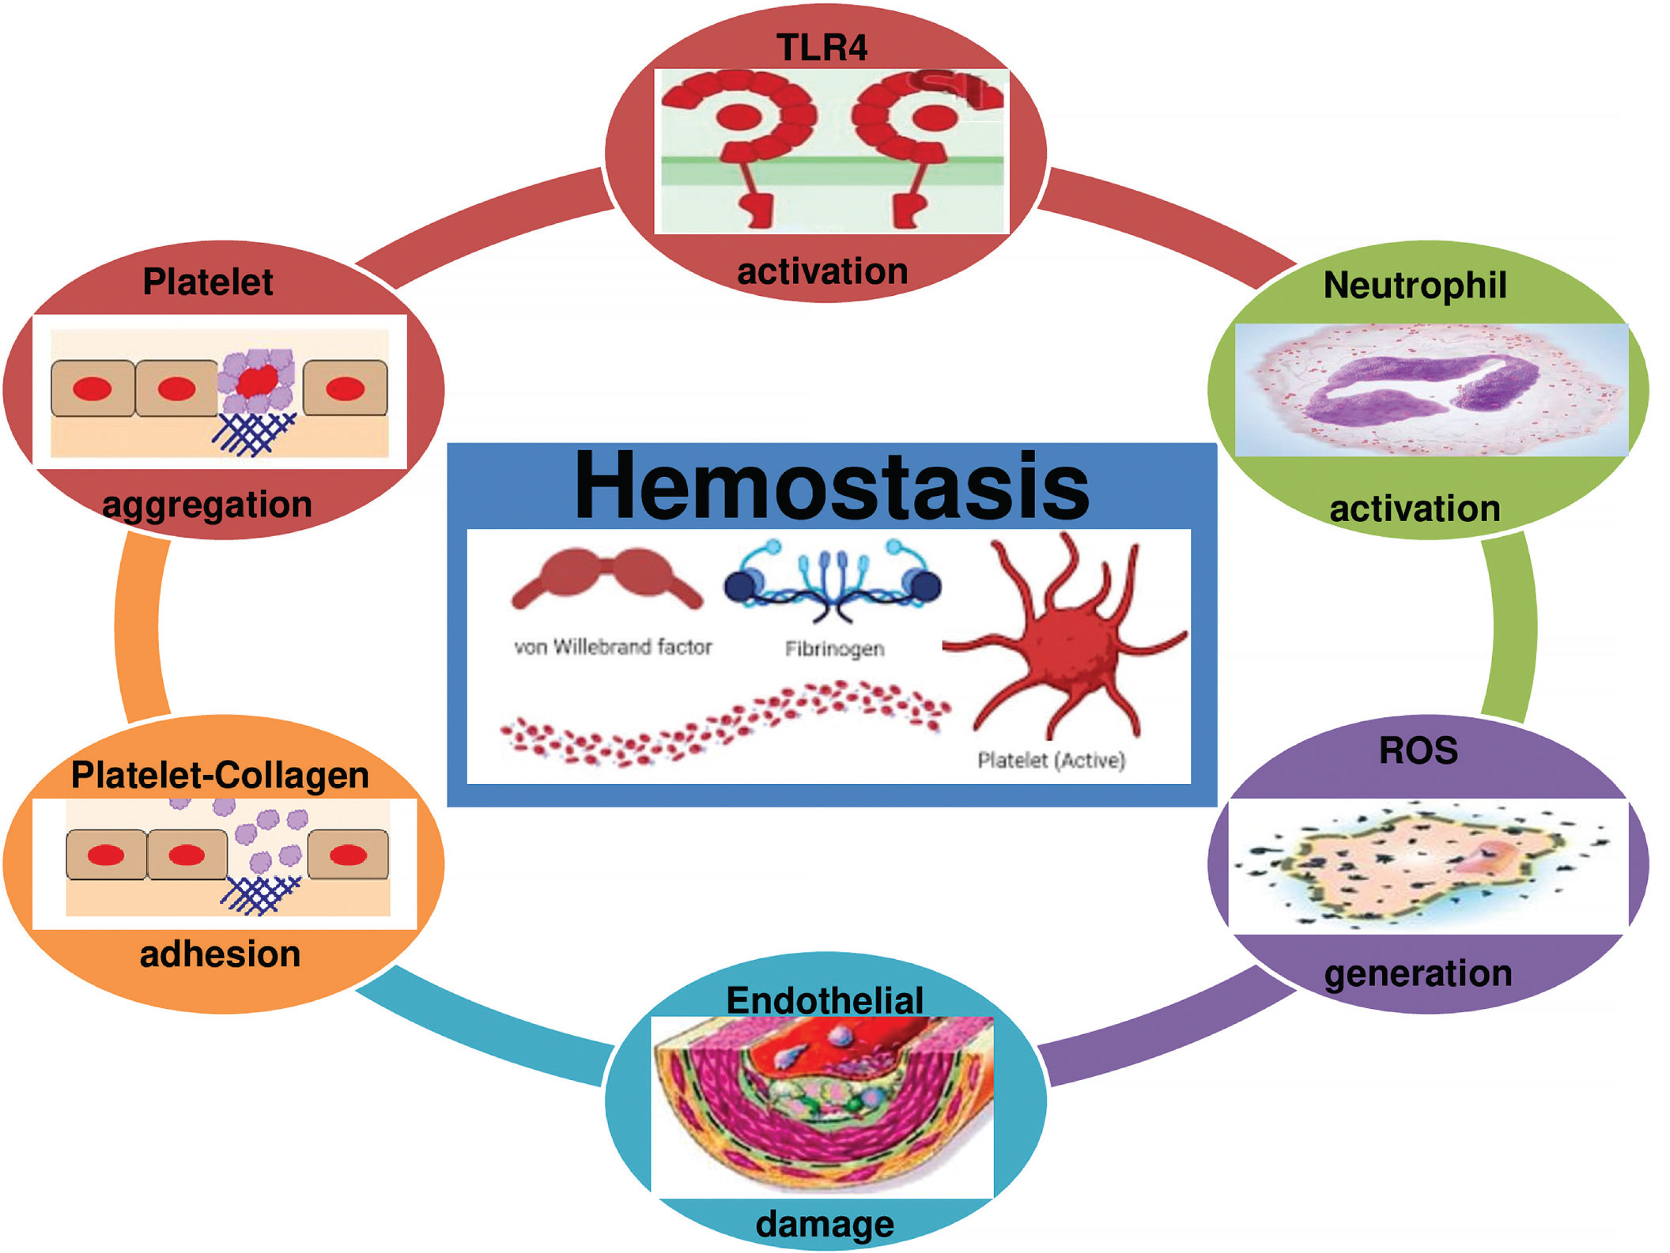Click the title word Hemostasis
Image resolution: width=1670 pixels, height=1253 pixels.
831,487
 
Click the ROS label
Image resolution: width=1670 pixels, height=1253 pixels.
1418,750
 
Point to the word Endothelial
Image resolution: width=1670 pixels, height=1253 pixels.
824,1000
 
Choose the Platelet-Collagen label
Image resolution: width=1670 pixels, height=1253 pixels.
220,775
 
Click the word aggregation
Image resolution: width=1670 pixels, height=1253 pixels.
207,504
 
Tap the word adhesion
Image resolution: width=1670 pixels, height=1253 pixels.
220,954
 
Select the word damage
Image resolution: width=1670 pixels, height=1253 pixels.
824,1223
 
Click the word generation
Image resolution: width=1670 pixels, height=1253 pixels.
1418,973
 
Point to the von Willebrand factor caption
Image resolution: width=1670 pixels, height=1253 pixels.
612,647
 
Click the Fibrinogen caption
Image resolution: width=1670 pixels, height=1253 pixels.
834,648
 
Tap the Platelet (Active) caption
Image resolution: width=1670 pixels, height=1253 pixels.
1051,759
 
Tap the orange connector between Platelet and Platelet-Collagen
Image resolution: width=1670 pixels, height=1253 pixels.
140,626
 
